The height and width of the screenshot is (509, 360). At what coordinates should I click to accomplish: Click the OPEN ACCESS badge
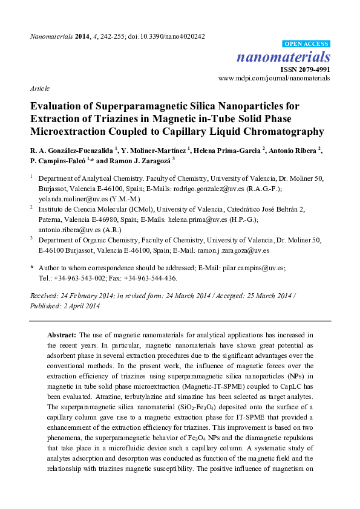coord(307,45)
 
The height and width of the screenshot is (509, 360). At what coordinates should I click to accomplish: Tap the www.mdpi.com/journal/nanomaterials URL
coord(273,78)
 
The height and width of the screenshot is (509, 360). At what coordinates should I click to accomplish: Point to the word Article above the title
coord(40,88)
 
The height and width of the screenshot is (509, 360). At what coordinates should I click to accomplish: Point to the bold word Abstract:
coord(62,334)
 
